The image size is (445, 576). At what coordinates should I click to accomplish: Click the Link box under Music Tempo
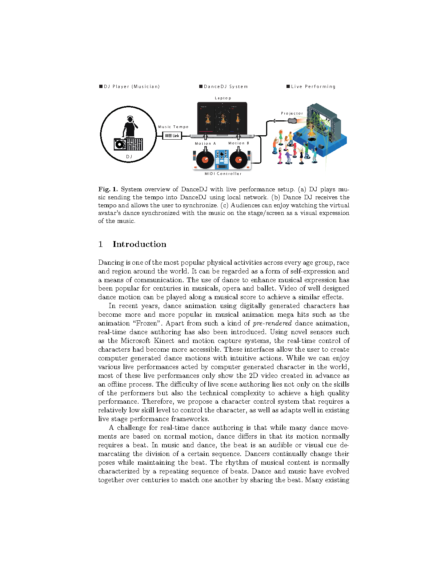[172, 136]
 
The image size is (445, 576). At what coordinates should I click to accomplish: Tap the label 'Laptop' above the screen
[222, 98]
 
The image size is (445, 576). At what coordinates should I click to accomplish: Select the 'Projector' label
[292, 113]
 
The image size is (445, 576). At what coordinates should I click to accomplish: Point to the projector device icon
[293, 120]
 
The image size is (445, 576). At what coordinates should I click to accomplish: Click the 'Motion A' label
[205, 144]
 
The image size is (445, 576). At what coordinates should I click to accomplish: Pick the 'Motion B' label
[238, 143]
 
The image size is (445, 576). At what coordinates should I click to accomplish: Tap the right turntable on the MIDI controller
[238, 160]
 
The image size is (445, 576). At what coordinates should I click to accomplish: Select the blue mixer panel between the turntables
[221, 159]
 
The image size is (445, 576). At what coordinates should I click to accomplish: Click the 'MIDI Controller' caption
[223, 174]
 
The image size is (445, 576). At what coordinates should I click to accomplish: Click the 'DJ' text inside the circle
[129, 157]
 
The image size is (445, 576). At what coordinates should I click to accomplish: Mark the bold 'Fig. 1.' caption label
[108, 189]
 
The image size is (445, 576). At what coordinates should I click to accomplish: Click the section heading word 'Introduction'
[139, 244]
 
